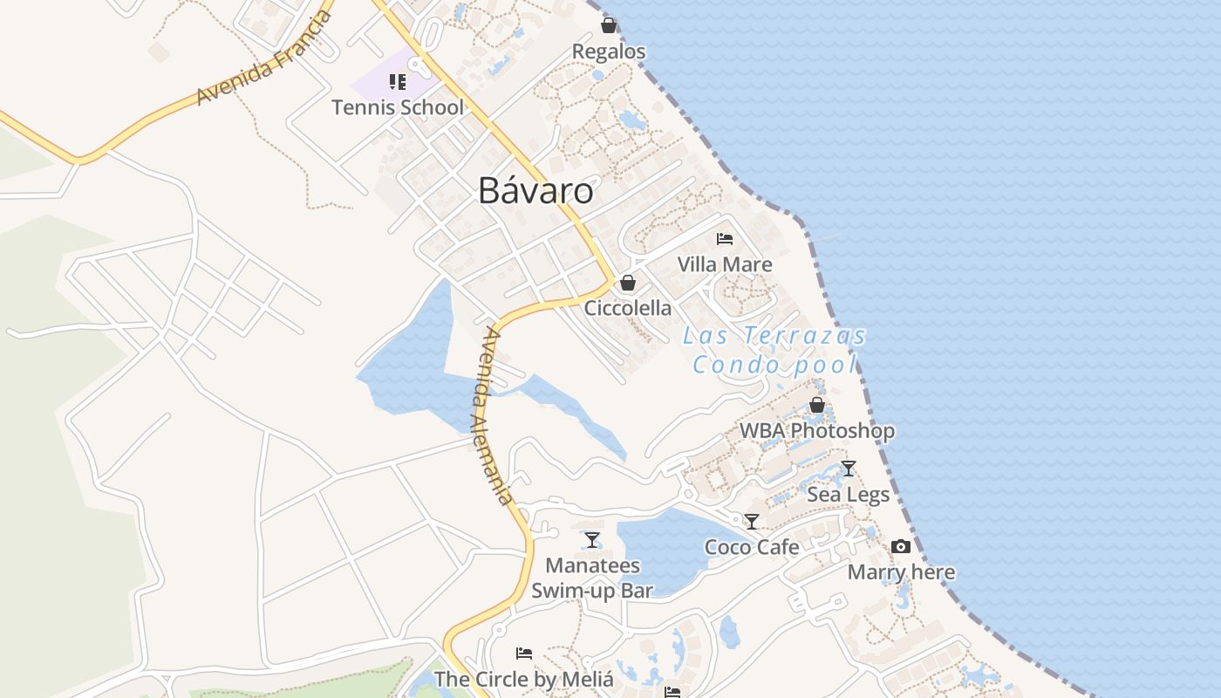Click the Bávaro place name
[535, 191]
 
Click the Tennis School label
[398, 107]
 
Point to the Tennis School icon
[398, 82]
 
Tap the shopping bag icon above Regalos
[609, 25]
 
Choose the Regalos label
[609, 51]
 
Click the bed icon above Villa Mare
[724, 238]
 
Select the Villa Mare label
[725, 263]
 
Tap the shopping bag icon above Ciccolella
[627, 283]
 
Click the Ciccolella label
[628, 308]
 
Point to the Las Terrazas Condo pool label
[774, 349]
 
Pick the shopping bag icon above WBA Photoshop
[817, 405]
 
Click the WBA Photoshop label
[817, 430]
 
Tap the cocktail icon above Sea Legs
[848, 469]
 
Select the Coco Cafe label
[752, 547]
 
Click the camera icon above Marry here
[901, 547]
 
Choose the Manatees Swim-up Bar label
[592, 578]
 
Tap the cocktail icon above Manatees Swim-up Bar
[592, 540]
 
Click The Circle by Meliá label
[523, 679]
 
